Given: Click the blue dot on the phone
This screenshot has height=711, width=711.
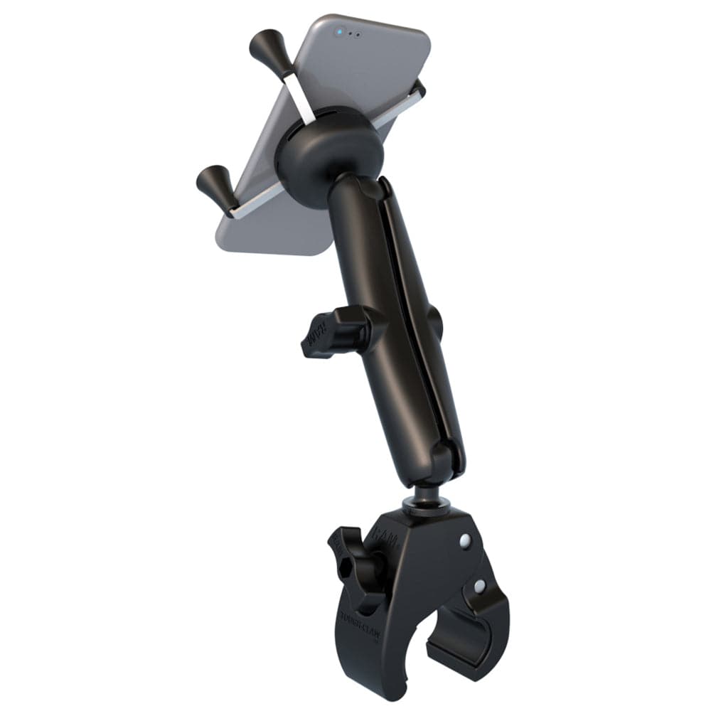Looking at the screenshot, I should pyautogui.click(x=341, y=31).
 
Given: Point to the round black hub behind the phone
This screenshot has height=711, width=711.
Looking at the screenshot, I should pyautogui.click(x=328, y=154).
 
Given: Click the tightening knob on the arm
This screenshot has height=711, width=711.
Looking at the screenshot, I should pyautogui.click(x=334, y=331).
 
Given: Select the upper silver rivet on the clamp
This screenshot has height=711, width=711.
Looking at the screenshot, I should pyautogui.click(x=464, y=540).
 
